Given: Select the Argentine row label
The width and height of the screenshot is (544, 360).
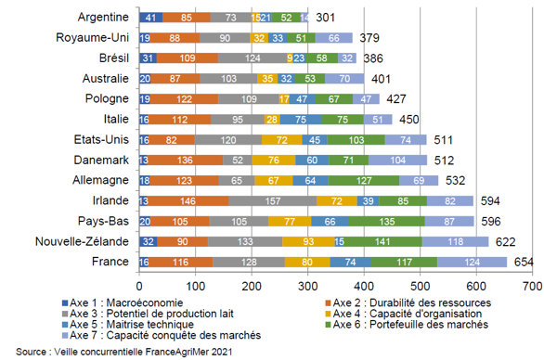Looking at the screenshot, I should [104, 18].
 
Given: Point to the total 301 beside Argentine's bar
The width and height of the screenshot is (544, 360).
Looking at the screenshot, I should [325, 18].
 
